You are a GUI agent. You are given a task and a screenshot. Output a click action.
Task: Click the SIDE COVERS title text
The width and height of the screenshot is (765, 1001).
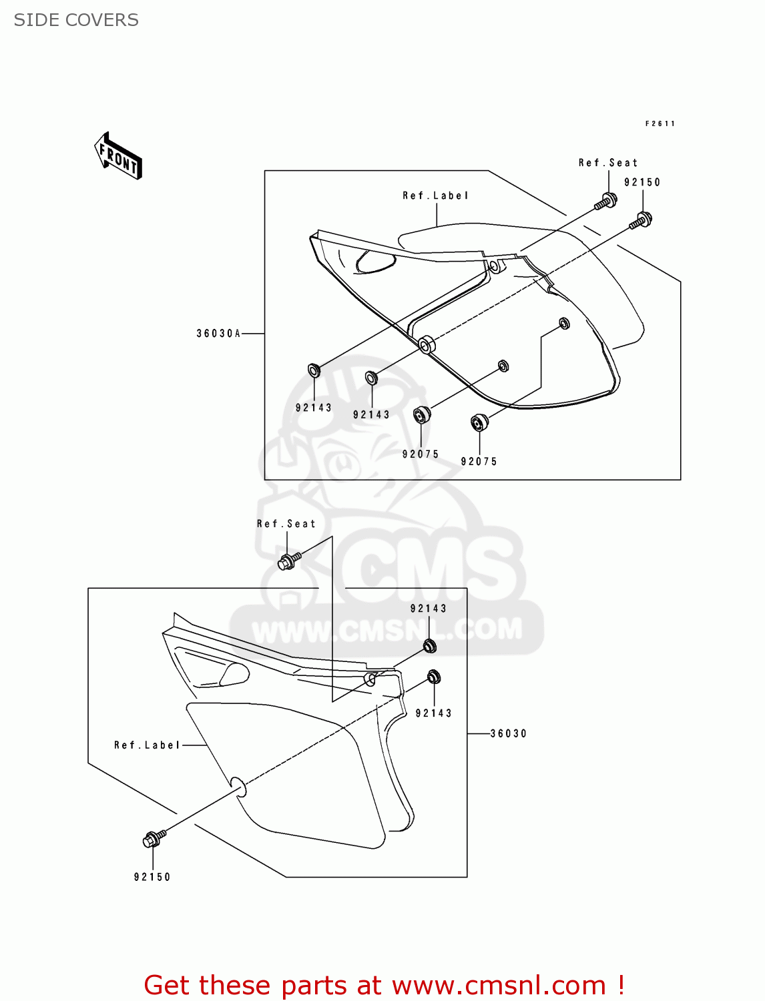pyautogui.click(x=76, y=20)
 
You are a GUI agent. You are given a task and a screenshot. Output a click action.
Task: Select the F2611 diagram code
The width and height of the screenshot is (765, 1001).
pyautogui.click(x=660, y=123)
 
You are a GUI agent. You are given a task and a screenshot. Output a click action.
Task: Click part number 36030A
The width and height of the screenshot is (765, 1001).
pyautogui.click(x=218, y=334)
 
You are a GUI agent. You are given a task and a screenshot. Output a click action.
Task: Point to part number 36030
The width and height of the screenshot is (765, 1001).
pyautogui.click(x=509, y=733)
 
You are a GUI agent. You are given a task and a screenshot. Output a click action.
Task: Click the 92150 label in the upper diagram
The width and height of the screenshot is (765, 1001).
pyautogui.click(x=642, y=182)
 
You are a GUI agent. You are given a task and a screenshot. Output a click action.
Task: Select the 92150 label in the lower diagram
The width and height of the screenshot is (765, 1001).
pyautogui.click(x=152, y=877)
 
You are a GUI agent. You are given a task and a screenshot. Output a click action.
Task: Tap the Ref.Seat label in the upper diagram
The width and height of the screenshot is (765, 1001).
pyautogui.click(x=607, y=163)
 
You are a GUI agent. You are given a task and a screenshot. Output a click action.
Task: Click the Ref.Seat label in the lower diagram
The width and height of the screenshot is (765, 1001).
pyautogui.click(x=286, y=524)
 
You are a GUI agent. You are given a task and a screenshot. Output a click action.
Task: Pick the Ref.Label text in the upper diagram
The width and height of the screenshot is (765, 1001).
pyautogui.click(x=435, y=196)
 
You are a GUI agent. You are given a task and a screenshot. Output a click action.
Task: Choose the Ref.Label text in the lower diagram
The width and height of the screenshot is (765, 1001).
pyautogui.click(x=147, y=745)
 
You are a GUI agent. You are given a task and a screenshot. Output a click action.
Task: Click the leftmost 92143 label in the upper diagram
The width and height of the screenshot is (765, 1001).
pyautogui.click(x=313, y=408)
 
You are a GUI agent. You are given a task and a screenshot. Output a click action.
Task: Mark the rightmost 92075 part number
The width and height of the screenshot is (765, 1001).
pyautogui.click(x=479, y=461)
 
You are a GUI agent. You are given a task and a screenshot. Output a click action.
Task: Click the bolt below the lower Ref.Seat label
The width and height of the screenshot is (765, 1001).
pyautogui.click(x=288, y=561)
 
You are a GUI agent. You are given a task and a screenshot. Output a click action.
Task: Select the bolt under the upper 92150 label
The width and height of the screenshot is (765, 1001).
pyautogui.click(x=642, y=220)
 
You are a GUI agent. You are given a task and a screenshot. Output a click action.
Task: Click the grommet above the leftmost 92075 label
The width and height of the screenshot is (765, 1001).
pyautogui.click(x=421, y=415)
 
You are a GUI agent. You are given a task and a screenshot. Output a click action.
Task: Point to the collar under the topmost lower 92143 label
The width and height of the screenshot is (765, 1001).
pyautogui.click(x=430, y=645)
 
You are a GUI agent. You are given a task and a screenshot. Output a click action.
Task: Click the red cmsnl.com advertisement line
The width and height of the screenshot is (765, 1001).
pyautogui.click(x=384, y=985)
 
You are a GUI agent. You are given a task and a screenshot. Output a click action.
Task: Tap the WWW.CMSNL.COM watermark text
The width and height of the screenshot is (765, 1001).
pyautogui.click(x=387, y=629)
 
